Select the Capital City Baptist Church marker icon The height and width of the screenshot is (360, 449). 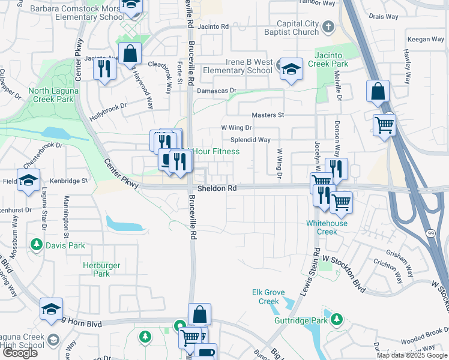click(x=328, y=26)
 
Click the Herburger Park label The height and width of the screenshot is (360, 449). click(x=101, y=269)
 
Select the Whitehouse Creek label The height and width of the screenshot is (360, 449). click(x=327, y=227)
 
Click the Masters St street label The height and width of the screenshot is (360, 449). click(x=267, y=115)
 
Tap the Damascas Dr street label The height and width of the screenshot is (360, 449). click(x=217, y=91)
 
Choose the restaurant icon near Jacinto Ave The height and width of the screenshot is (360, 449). click(x=104, y=69)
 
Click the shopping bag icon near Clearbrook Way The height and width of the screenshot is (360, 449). click(x=130, y=54)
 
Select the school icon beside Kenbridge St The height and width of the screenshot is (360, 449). click(x=28, y=181)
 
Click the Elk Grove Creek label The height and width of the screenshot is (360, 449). click(x=265, y=296)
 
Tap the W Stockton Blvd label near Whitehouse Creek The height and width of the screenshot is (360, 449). click(x=344, y=271)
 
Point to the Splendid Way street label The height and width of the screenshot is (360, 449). click(x=250, y=140)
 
